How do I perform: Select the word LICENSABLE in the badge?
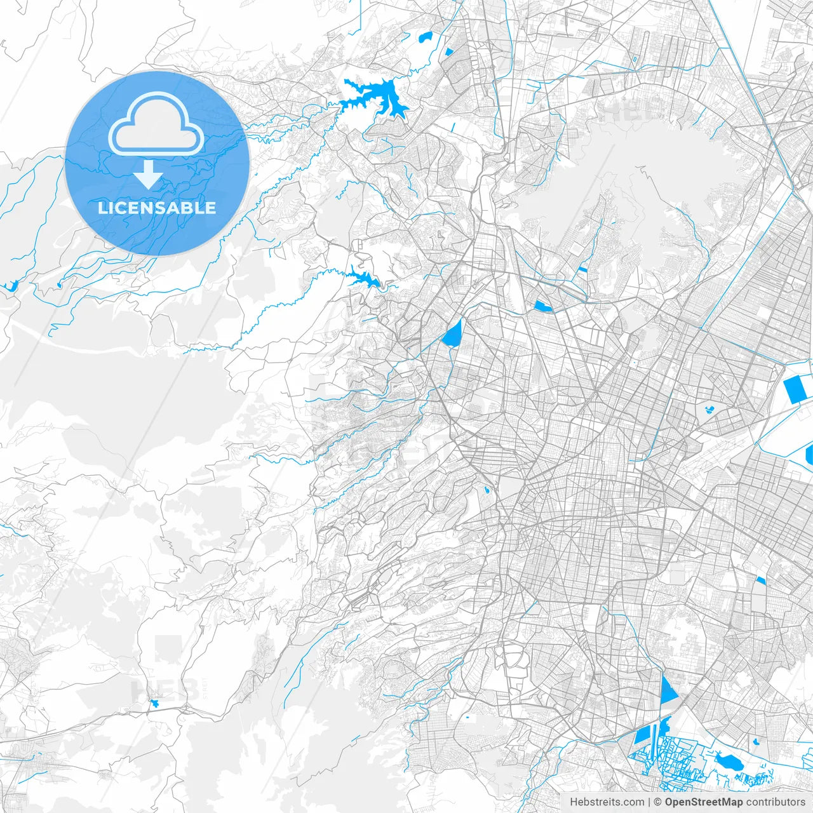coord(157,208)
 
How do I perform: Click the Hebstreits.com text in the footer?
coord(607,802)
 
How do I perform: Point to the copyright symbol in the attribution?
coord(658,802)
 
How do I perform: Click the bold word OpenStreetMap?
coord(704,802)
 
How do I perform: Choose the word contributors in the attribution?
coord(776,802)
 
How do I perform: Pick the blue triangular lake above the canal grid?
coord(667,690)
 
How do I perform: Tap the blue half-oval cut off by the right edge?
coord(809,454)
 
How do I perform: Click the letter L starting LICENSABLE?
coord(102,208)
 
